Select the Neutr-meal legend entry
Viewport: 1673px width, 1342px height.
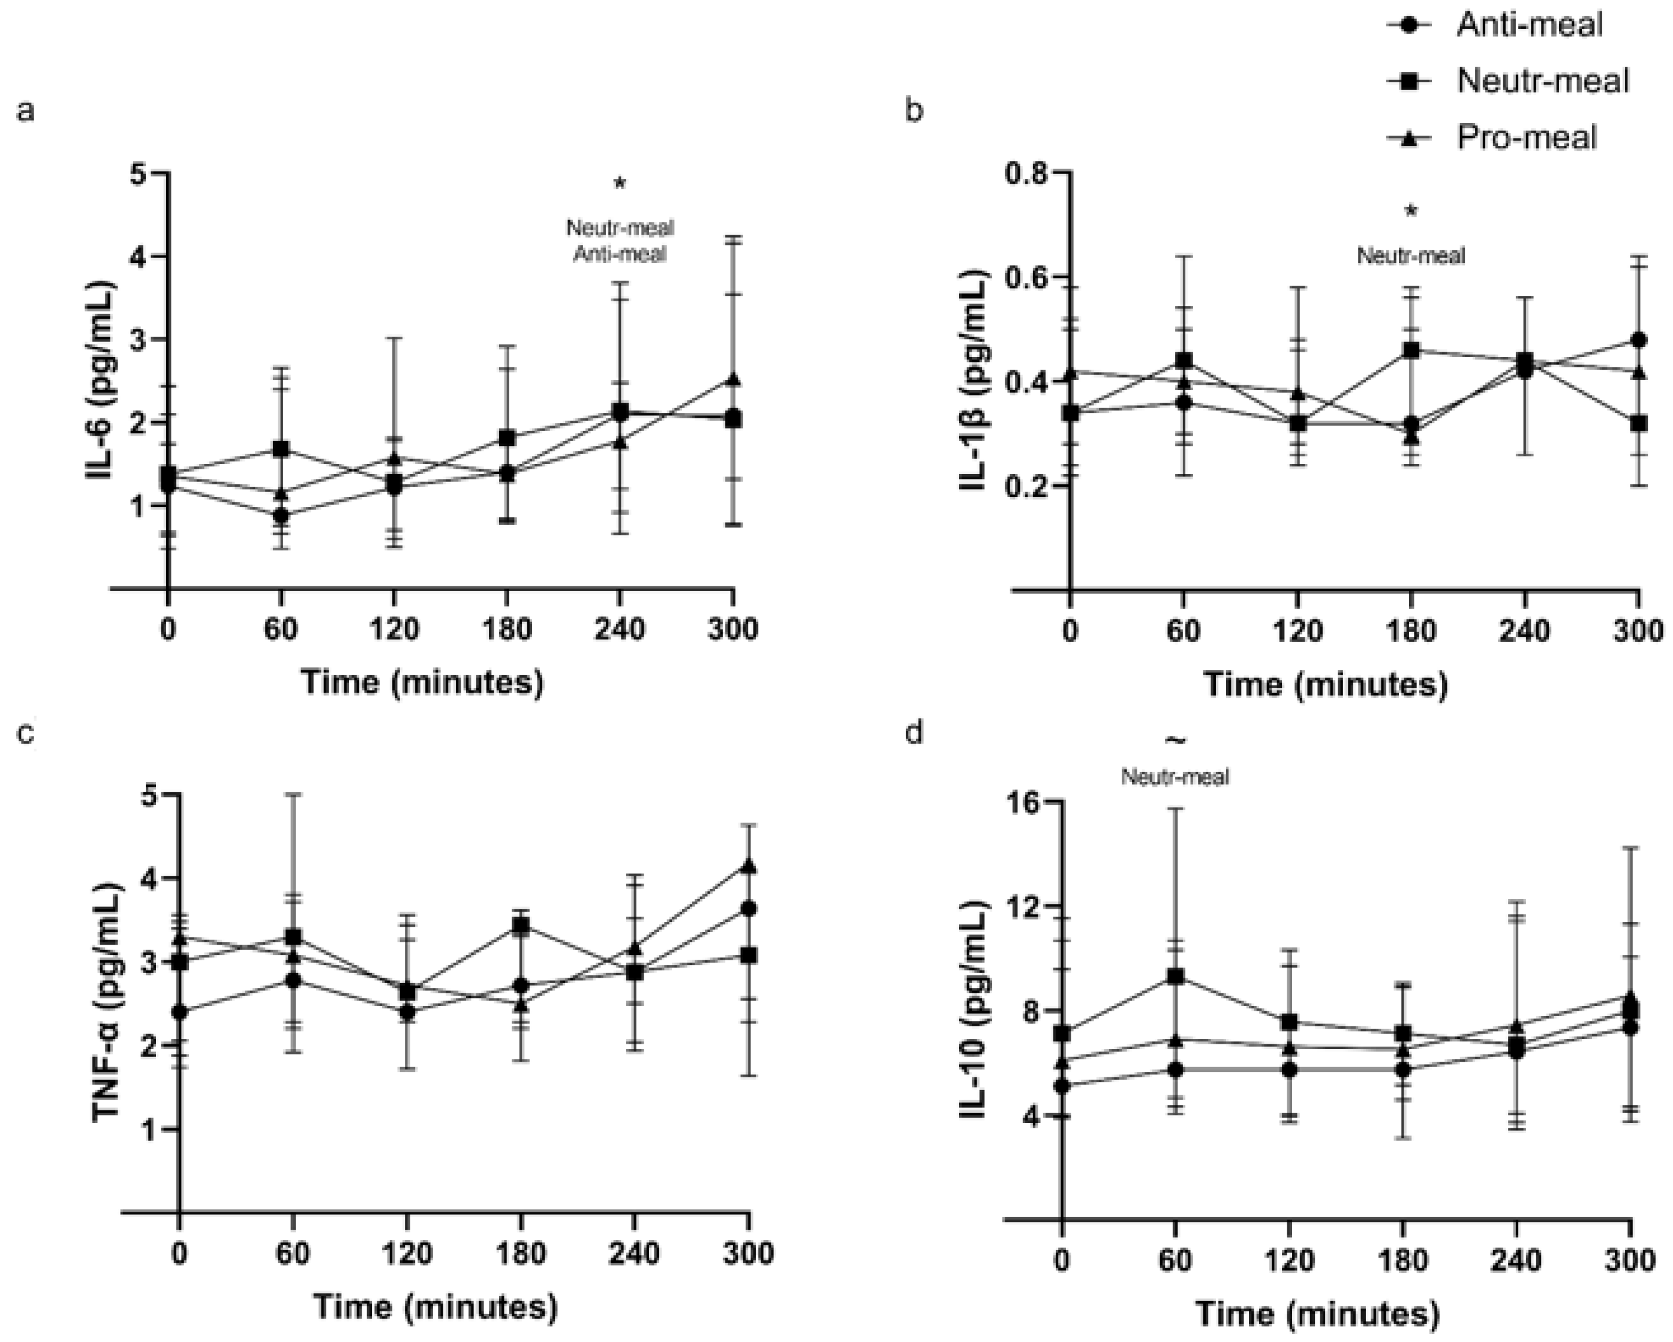click(1542, 80)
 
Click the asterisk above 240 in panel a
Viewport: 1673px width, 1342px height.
click(619, 184)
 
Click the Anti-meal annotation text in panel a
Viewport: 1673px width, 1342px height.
click(619, 254)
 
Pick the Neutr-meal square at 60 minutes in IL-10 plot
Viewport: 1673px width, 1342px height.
click(1176, 976)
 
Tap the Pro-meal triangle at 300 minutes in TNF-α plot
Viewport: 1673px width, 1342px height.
click(748, 866)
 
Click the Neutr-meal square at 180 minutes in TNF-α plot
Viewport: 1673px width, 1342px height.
click(521, 925)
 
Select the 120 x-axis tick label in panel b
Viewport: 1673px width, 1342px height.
click(1297, 629)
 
